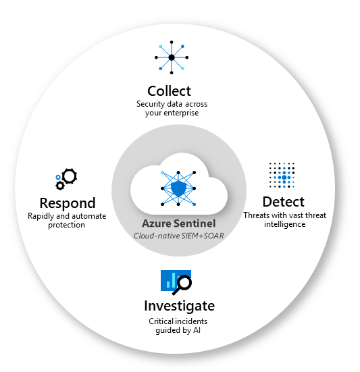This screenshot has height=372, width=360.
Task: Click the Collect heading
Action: [169, 90]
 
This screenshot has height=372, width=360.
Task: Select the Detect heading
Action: [282, 201]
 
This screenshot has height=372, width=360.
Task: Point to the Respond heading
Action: [67, 203]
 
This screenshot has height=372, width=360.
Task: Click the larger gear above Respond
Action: [69, 176]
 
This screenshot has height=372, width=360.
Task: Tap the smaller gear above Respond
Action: [60, 184]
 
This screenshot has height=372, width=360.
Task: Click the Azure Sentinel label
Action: [179, 223]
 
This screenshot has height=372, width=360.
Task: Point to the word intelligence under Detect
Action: [284, 224]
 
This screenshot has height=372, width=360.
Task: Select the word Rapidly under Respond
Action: [41, 216]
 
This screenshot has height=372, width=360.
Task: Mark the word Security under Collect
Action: [151, 104]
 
